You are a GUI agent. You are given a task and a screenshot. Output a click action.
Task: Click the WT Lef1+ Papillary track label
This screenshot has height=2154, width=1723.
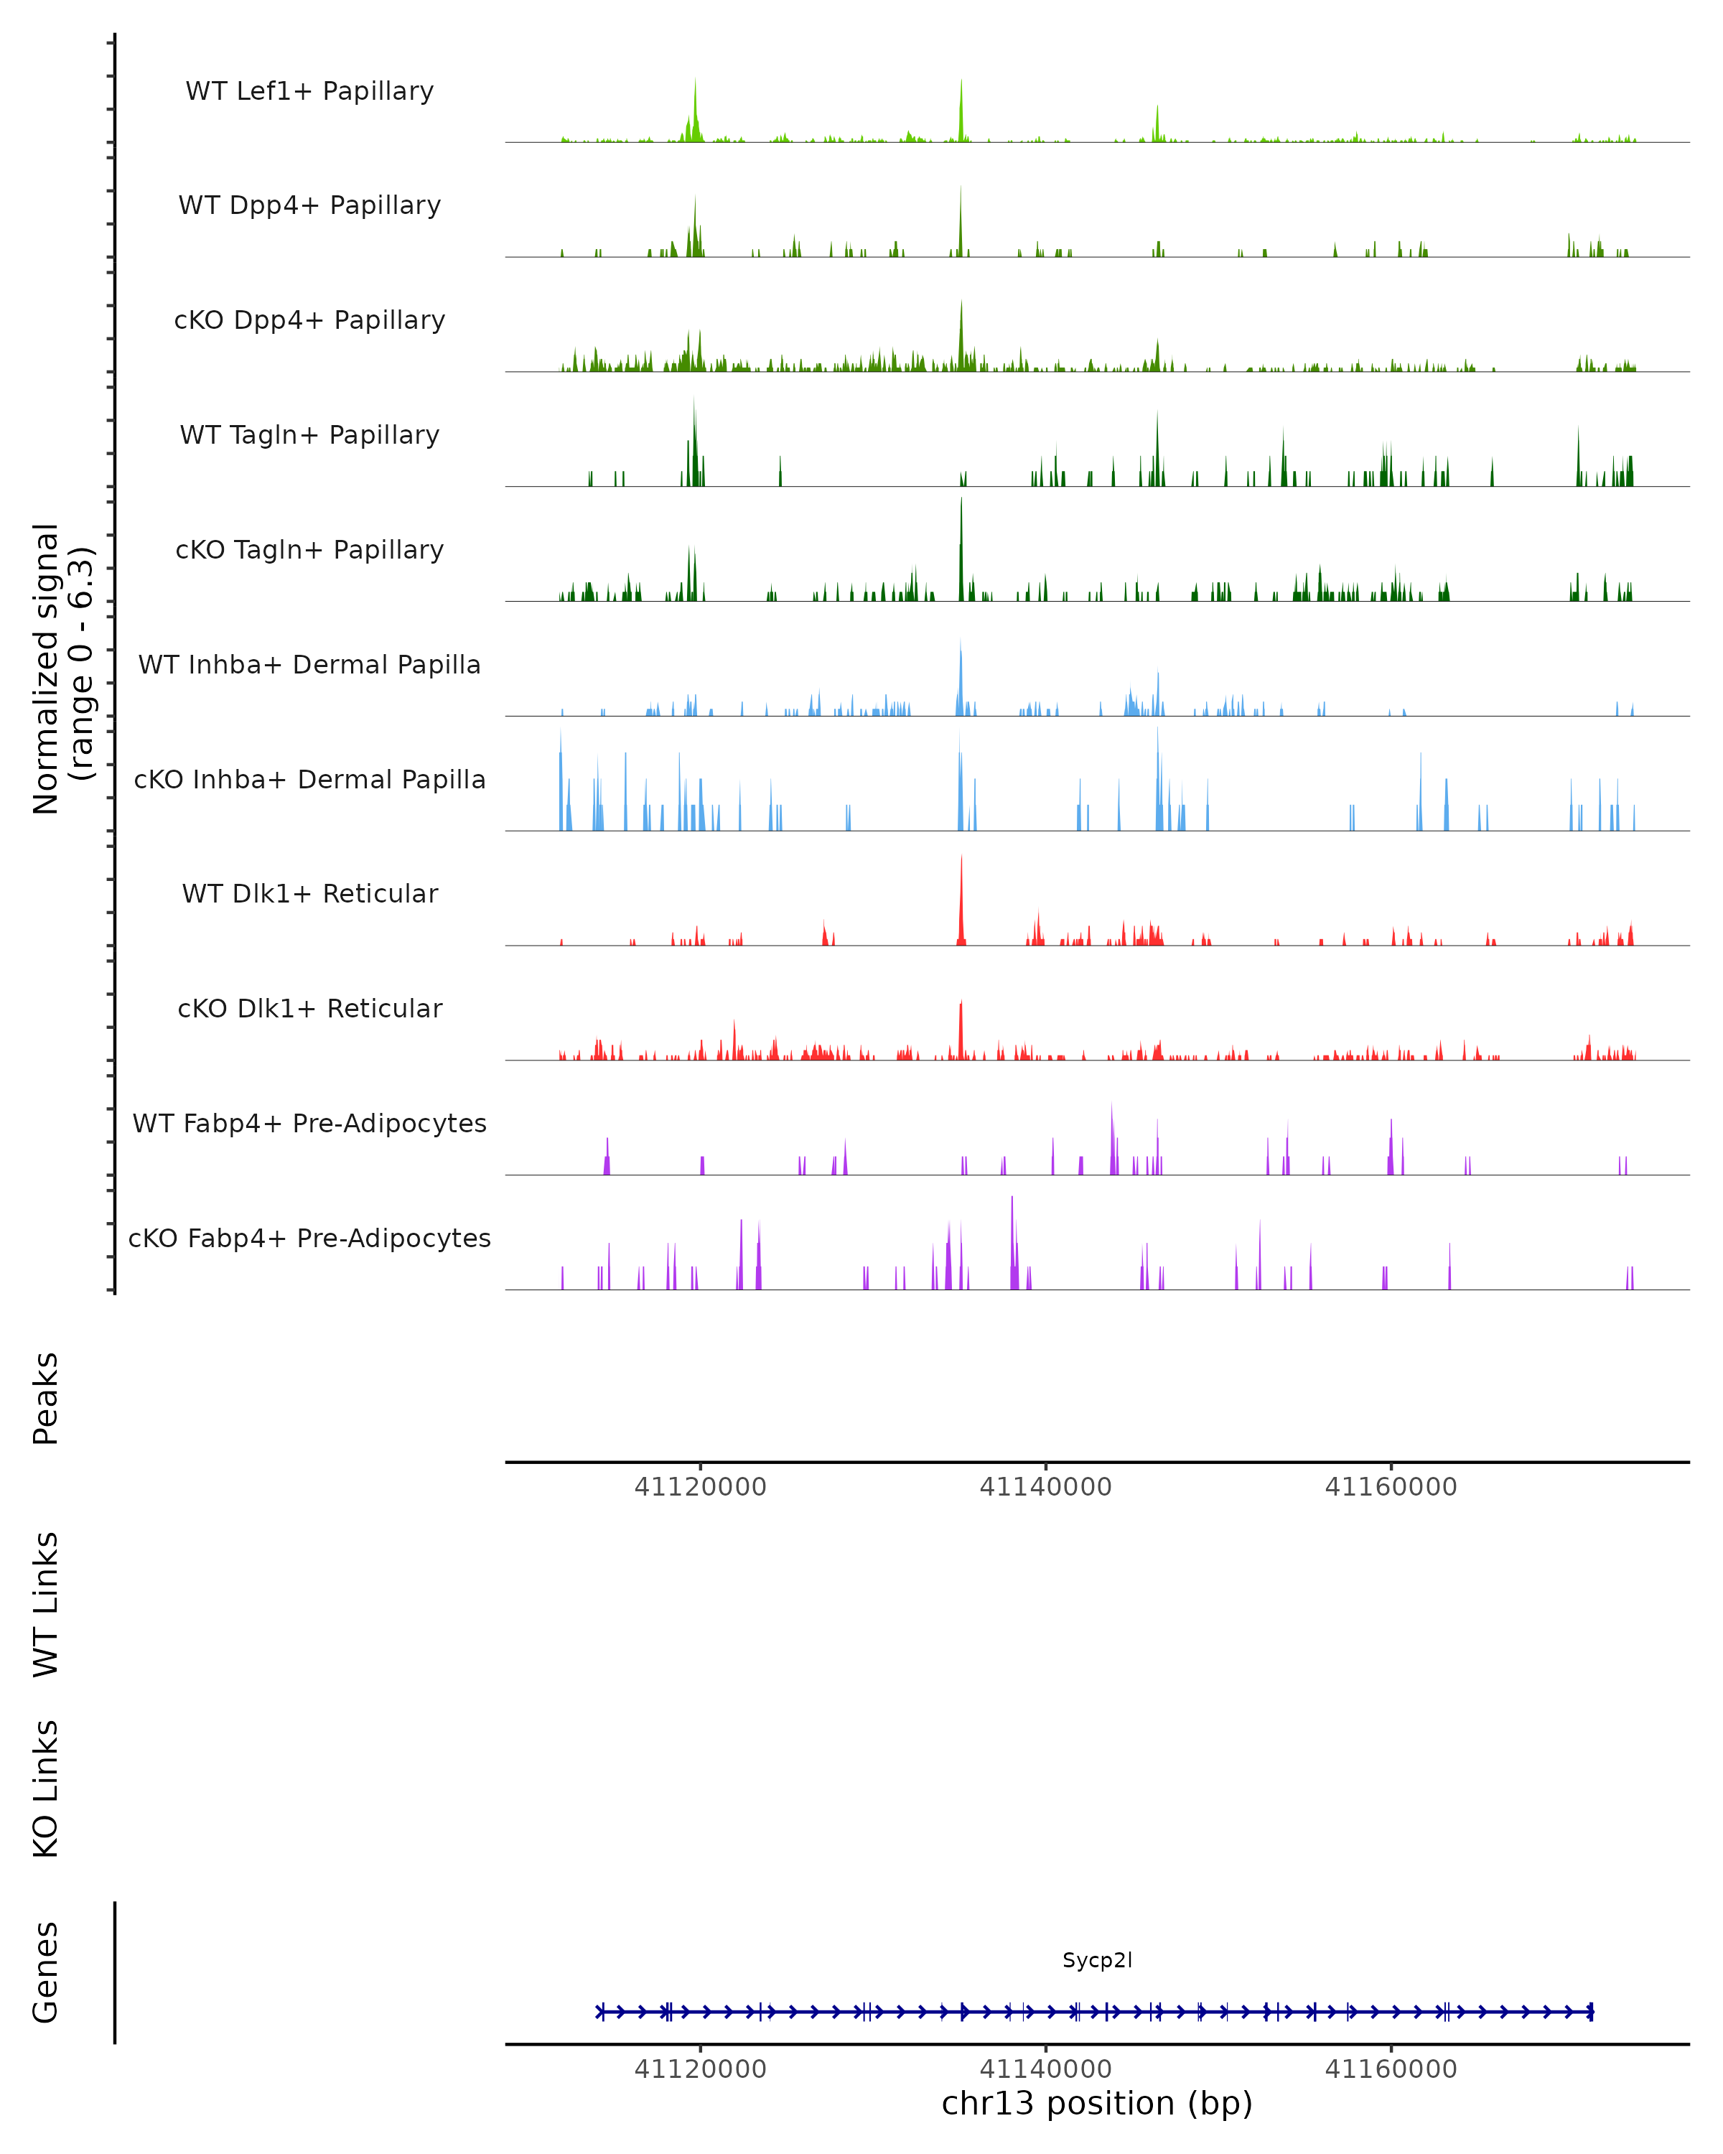[309, 91]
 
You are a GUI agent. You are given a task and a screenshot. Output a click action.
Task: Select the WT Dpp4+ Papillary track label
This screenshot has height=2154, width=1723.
[309, 206]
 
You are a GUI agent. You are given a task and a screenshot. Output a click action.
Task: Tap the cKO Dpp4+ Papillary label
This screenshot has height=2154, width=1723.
[309, 321]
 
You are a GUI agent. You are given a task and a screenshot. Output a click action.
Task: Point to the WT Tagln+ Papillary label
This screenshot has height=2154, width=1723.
[309, 436]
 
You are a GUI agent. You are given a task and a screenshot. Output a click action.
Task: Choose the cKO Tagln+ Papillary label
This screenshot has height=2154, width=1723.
[309, 551]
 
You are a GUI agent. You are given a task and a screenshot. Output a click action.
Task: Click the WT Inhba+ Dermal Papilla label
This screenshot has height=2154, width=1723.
[309, 666]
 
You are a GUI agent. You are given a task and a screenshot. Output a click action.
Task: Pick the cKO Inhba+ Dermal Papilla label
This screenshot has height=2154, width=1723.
[309, 780]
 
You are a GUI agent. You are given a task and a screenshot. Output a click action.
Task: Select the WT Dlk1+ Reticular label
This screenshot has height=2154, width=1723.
[309, 894]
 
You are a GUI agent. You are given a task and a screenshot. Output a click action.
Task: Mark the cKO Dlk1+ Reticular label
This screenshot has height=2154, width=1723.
[309, 1009]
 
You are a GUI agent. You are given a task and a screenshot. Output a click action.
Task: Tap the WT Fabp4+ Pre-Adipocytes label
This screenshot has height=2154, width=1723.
[309, 1124]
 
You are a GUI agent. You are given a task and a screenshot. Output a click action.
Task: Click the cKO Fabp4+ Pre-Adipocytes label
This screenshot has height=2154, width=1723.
[309, 1239]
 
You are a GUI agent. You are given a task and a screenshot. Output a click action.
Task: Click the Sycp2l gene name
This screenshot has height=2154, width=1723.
[1097, 1960]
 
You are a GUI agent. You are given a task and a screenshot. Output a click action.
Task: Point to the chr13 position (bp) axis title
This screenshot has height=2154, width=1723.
[1097, 2103]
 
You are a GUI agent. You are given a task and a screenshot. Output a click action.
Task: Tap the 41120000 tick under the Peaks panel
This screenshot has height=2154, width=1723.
[700, 1487]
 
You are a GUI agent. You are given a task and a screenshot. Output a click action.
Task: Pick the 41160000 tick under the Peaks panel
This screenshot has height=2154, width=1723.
[1391, 1487]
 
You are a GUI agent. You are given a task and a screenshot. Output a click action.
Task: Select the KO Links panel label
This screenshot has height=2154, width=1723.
[46, 1789]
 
